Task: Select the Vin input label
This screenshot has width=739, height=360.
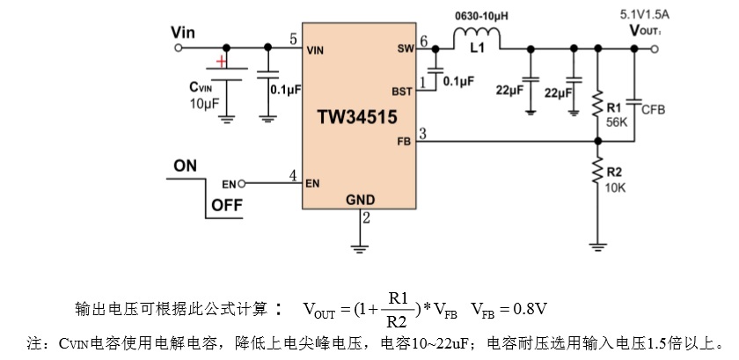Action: pyautogui.click(x=182, y=33)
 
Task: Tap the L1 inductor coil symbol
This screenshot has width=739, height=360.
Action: pyautogui.click(x=477, y=36)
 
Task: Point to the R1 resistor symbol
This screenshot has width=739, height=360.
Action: pyautogui.click(x=597, y=104)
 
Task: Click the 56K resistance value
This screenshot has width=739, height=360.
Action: pyautogui.click(x=617, y=123)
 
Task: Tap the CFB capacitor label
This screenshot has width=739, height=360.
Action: pyautogui.click(x=654, y=110)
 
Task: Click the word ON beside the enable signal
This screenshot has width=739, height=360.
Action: pyautogui.click(x=186, y=165)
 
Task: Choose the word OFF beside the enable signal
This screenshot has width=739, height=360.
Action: pyautogui.click(x=226, y=208)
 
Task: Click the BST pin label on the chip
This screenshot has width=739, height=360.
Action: pyautogui.click(x=401, y=91)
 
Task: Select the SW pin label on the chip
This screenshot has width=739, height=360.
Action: pyautogui.click(x=405, y=51)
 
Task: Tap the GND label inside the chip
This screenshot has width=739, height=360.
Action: pyautogui.click(x=360, y=200)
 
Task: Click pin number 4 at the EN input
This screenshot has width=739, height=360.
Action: pyautogui.click(x=293, y=176)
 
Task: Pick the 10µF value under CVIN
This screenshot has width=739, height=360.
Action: pyautogui.click(x=203, y=105)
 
